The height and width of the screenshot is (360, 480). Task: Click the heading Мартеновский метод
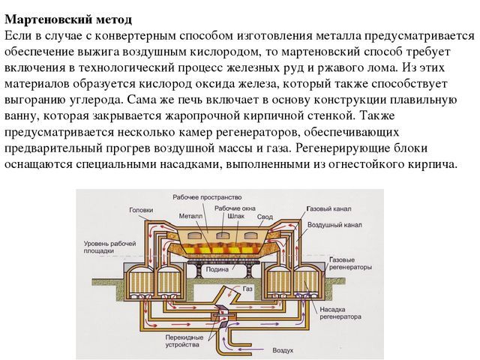[68, 19]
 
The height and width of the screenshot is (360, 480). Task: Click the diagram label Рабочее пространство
[207, 197]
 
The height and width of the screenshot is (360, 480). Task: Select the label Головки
[141, 210]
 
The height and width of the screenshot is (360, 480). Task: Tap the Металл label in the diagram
[190, 216]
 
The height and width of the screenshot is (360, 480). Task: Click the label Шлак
[236, 216]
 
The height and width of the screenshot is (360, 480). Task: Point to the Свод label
[265, 217]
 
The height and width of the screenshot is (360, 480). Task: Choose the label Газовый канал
[328, 209]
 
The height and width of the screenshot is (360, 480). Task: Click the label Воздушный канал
[334, 225]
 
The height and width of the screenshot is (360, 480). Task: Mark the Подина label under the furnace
[217, 269]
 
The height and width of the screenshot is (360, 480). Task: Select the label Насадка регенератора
[340, 313]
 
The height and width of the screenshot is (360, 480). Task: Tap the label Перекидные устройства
[184, 341]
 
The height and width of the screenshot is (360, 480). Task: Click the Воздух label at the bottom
[283, 350]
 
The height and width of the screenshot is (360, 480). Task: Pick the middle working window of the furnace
[223, 235]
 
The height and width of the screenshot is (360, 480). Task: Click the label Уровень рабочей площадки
[110, 247]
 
